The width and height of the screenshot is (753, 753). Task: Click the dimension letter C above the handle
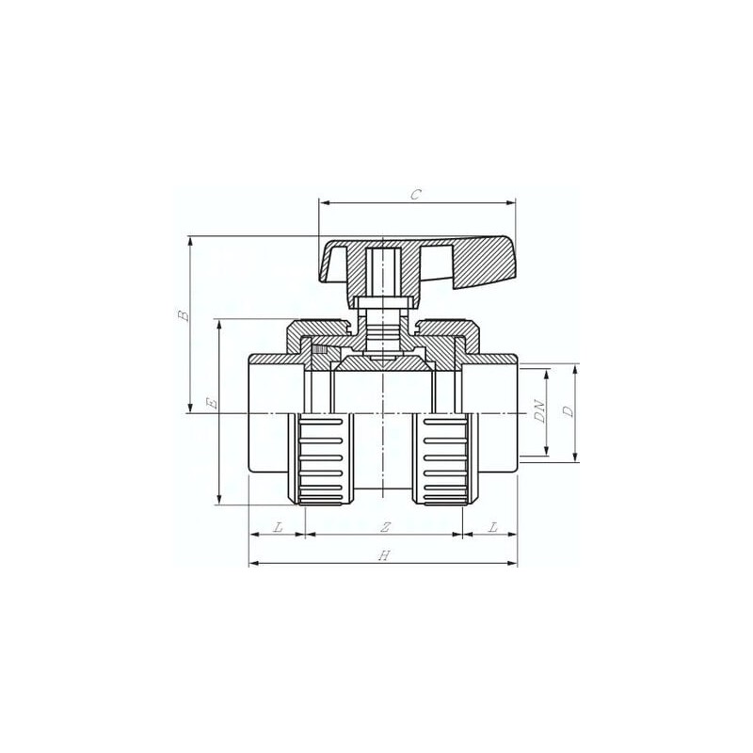tap(416, 195)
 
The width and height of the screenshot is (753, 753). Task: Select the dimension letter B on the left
tap(184, 315)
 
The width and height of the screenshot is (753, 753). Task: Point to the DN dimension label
tap(540, 411)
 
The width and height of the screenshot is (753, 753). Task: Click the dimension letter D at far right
tap(569, 411)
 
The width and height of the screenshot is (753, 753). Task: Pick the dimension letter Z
tap(385, 527)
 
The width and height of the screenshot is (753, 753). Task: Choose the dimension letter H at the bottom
tap(384, 555)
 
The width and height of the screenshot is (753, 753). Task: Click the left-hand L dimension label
tap(278, 527)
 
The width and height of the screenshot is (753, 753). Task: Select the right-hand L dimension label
tap(492, 527)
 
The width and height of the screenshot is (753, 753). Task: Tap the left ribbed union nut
tap(321, 459)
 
